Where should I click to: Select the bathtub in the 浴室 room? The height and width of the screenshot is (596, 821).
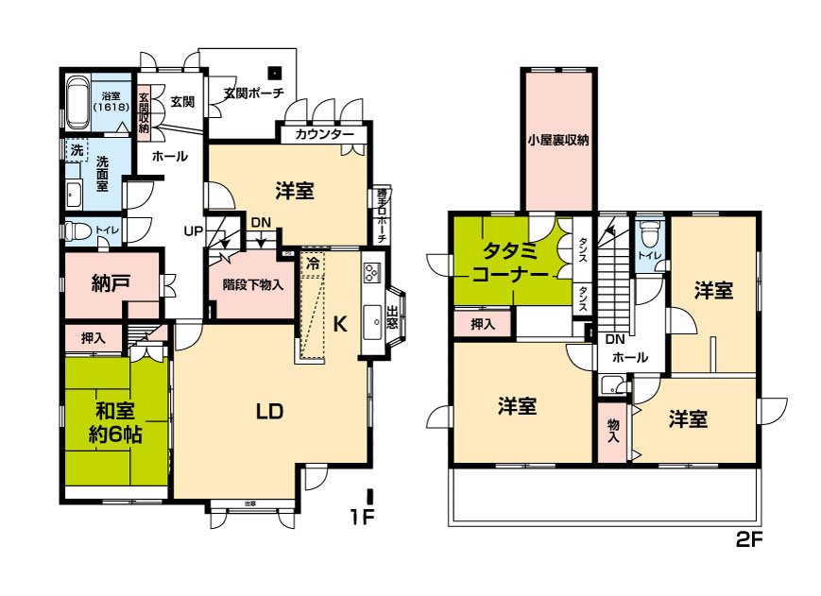pos(77,101)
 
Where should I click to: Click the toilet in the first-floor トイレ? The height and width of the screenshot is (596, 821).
pos(77,230)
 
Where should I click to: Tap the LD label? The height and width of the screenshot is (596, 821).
pos(270,411)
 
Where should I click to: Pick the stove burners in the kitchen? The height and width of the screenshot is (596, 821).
pos(370,275)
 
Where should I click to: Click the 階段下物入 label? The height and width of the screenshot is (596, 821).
pos(252,283)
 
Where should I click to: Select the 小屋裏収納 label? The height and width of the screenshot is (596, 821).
pos(558,141)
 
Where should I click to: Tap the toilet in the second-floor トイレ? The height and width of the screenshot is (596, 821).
pos(647,233)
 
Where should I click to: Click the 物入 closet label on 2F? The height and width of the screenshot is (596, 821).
pos(612,430)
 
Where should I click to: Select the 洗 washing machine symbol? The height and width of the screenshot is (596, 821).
pos(76,150)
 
